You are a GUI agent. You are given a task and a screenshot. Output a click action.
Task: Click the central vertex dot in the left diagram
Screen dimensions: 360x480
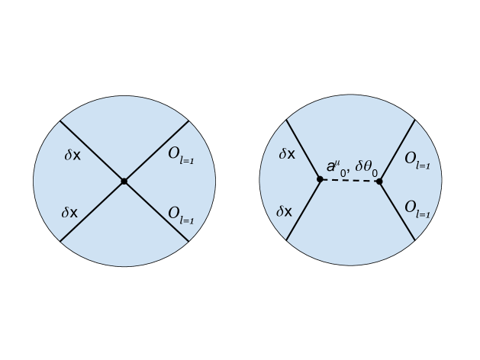(124, 181)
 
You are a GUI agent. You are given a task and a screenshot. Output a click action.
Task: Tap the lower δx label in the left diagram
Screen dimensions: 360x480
(69, 213)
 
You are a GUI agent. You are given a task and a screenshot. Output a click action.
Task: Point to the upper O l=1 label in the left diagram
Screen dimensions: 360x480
(181, 155)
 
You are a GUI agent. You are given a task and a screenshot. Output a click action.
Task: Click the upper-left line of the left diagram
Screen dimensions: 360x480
(92, 150)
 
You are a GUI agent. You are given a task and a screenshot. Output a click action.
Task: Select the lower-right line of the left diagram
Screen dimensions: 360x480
(156, 211)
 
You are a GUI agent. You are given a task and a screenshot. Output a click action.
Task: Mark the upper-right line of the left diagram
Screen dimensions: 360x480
(156, 150)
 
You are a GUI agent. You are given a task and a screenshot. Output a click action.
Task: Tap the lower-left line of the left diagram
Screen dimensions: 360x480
(92, 211)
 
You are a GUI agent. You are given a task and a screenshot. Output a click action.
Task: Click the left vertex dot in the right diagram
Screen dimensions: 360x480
(320, 179)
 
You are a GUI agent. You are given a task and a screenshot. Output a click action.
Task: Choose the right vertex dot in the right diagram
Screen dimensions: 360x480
(379, 182)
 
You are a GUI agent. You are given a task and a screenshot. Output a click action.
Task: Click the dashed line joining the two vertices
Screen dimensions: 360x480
(350, 181)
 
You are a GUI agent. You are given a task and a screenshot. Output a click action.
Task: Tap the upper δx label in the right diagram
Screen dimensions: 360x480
(286, 155)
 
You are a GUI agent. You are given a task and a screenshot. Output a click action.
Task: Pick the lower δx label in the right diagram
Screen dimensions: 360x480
(285, 211)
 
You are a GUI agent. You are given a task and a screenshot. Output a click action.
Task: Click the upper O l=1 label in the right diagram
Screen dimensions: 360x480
(417, 159)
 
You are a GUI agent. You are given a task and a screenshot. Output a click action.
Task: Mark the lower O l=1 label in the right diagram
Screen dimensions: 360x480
(417, 208)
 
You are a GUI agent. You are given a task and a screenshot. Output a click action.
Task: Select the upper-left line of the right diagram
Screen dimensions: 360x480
(303, 149)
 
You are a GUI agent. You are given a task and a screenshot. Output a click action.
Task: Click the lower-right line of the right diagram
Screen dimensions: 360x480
(397, 211)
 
